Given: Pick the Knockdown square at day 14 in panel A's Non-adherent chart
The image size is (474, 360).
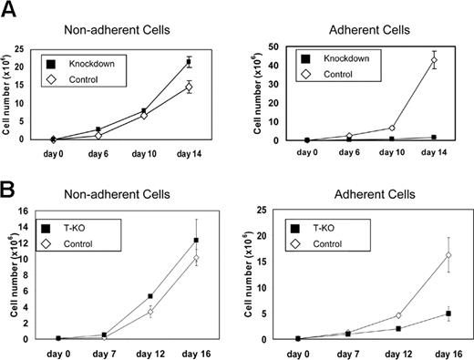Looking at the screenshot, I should (189, 62).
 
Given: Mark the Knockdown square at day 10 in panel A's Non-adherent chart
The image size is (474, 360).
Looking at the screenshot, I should (143, 111).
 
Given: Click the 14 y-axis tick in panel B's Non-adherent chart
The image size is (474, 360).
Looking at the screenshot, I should (38, 221).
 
